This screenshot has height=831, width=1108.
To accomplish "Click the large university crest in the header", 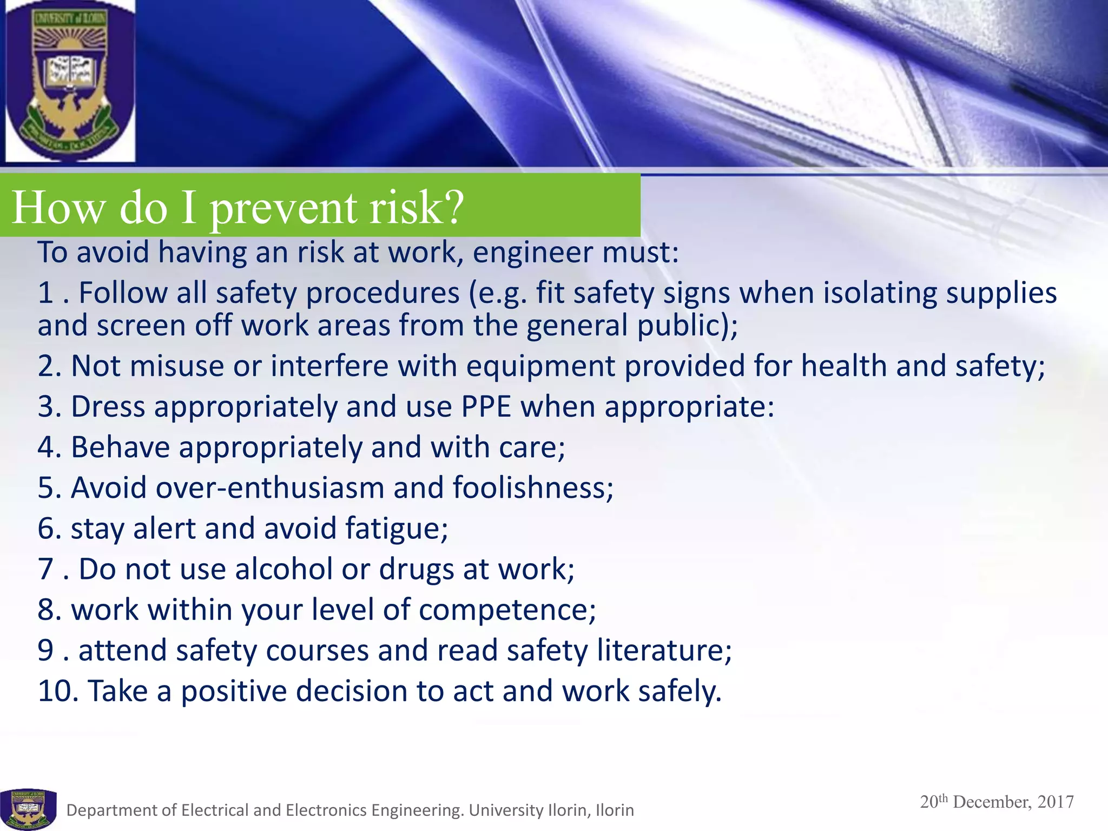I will click(69, 81).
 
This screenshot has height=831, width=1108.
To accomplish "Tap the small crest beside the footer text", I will click(28, 808).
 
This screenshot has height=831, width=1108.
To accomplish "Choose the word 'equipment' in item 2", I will click(540, 366).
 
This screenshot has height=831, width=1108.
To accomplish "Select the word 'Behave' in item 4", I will click(120, 447).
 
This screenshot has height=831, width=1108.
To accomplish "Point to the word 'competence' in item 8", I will click(503, 610).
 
